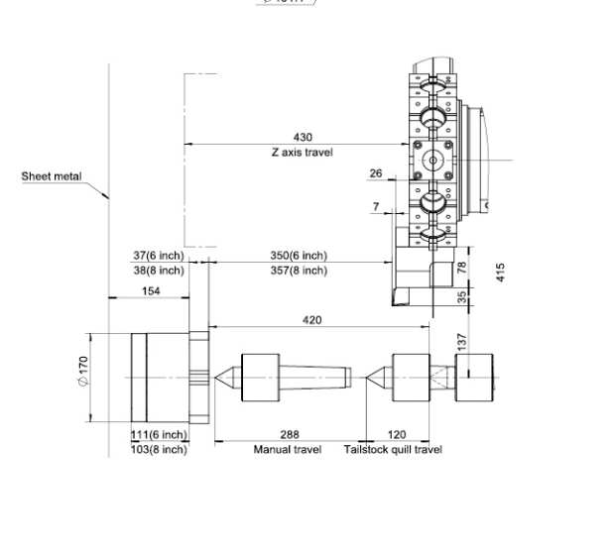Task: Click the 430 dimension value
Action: pyautogui.click(x=303, y=137)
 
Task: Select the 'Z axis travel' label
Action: pyautogui.click(x=302, y=153)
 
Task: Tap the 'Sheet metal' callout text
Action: pyautogui.click(x=52, y=176)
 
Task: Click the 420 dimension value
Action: pyautogui.click(x=310, y=320)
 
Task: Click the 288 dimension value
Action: pyautogui.click(x=290, y=435)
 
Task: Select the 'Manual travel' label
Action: pyautogui.click(x=288, y=450)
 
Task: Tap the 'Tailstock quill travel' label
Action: pyautogui.click(x=393, y=450)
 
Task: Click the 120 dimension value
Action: pyautogui.click(x=396, y=435)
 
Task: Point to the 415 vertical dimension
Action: pyautogui.click(x=501, y=272)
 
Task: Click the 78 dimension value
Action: pyautogui.click(x=462, y=269)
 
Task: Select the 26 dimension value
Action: pyautogui.click(x=376, y=173)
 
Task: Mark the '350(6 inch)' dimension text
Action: pyautogui.click(x=299, y=256)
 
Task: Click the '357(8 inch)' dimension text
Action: pyautogui.click(x=299, y=270)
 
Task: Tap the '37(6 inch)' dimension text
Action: pyautogui.click(x=159, y=256)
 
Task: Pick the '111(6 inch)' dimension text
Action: pyautogui.click(x=159, y=435)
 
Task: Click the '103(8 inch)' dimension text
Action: pyautogui.click(x=159, y=450)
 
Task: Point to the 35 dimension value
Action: pyautogui.click(x=462, y=296)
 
